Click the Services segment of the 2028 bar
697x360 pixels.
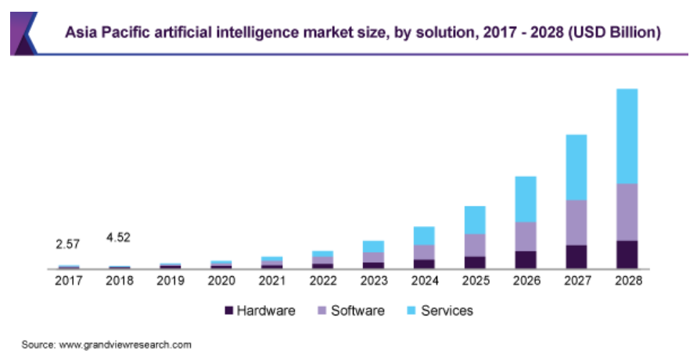[x=627, y=135]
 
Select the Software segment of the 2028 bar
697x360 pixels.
[x=627, y=211]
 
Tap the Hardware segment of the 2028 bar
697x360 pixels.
[x=627, y=254]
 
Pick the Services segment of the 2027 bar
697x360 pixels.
[x=577, y=167]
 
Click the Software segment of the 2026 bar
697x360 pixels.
[x=526, y=236]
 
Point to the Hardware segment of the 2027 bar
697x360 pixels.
[x=577, y=257]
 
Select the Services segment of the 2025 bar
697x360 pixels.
[x=475, y=220]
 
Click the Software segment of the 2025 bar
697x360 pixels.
[x=475, y=245]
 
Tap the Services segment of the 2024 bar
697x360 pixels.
[x=424, y=236]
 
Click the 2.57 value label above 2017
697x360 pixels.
[x=68, y=243]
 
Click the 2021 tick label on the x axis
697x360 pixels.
[x=271, y=280]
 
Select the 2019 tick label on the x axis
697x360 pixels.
[x=170, y=280]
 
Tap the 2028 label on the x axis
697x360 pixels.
[x=627, y=280]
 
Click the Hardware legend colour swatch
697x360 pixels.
[x=229, y=311]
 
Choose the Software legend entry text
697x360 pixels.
[x=357, y=311]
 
